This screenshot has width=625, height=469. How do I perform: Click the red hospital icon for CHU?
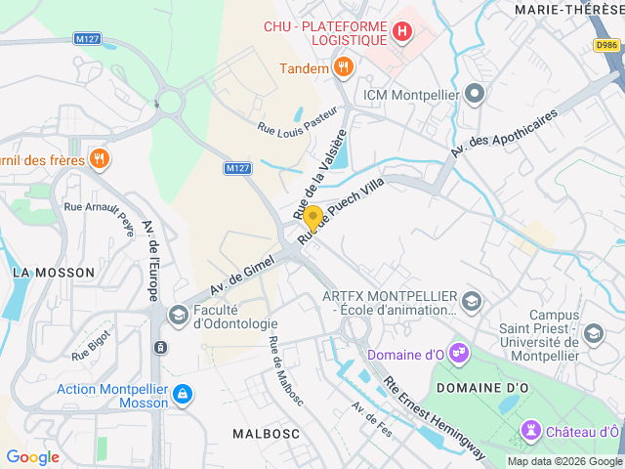point(400,32)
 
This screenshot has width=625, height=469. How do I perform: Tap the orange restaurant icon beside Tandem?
point(343,67)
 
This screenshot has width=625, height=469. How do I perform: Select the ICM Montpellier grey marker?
point(476,95)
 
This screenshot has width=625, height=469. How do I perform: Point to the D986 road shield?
point(606,45)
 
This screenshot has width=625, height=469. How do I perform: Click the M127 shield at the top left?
point(86,40)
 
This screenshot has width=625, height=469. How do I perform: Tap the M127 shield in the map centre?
point(236,168)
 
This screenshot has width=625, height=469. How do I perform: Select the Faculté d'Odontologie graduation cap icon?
point(179,314)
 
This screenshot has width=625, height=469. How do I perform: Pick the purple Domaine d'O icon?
point(459,352)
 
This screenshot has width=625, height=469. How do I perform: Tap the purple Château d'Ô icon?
point(530,430)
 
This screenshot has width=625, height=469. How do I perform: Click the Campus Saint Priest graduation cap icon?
point(593,334)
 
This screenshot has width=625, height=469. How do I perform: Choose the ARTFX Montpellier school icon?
point(473,300)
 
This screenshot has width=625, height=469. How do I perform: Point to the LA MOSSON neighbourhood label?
point(53,273)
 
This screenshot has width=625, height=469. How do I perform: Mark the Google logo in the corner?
point(33,456)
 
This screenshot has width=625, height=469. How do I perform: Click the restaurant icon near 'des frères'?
point(99,159)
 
